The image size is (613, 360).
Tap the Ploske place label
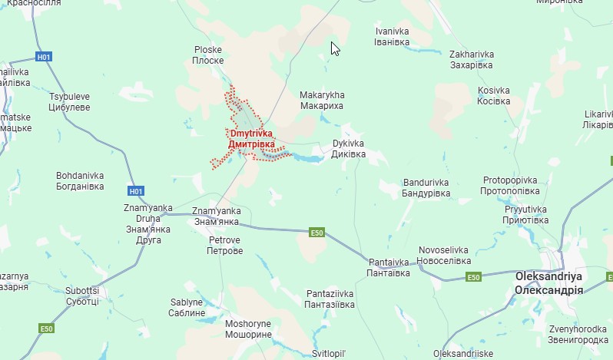click(208, 54)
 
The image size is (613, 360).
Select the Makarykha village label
click(322, 100)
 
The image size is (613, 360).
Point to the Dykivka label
click(348, 148)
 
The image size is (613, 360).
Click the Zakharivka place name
click(471, 60)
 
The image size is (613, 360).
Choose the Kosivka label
click(494, 95)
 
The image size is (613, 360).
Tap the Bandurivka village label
click(426, 188)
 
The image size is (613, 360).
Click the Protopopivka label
click(509, 185)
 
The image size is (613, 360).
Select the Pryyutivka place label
click(525, 214)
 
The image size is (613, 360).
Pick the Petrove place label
click(225, 246)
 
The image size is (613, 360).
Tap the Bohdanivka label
click(80, 180)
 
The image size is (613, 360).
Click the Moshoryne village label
click(248, 329)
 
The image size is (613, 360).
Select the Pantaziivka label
click(330, 299)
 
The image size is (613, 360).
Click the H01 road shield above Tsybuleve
click(45, 57)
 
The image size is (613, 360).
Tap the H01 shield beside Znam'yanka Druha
click(136, 191)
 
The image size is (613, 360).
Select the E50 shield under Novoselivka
click(474, 277)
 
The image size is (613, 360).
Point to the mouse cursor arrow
click(335, 48)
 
